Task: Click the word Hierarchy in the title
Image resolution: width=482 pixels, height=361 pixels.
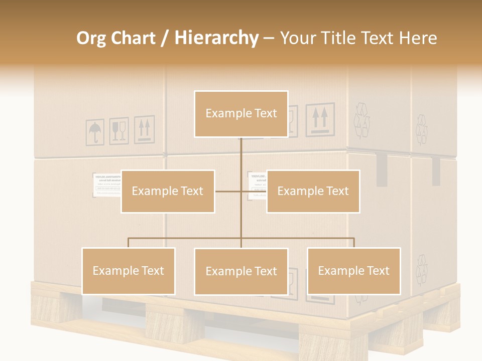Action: [216, 38]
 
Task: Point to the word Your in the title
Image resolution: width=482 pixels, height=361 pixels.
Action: [298, 38]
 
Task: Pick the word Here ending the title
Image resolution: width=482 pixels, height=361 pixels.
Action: [418, 38]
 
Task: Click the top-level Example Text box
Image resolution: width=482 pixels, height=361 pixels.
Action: [241, 114]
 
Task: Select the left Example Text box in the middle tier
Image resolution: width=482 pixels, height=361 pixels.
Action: [167, 191]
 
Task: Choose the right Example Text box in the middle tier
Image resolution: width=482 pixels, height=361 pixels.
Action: [313, 191]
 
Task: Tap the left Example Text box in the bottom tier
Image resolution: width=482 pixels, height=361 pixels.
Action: [128, 271]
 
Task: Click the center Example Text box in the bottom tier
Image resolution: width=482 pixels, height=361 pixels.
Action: [241, 271]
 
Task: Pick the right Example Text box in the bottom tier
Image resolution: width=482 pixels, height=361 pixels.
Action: [353, 271]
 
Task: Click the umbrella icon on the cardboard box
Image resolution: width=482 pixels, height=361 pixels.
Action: [94, 132]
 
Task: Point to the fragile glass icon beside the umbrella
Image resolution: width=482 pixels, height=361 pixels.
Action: [119, 131]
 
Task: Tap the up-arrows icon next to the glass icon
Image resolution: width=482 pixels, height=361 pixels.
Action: [144, 129]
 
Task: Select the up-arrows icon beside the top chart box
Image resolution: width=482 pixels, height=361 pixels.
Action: [320, 120]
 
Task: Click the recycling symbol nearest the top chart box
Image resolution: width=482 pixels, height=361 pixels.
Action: [361, 120]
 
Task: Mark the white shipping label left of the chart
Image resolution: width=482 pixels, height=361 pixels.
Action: [106, 185]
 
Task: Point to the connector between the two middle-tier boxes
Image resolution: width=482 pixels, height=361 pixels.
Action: [240, 191]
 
